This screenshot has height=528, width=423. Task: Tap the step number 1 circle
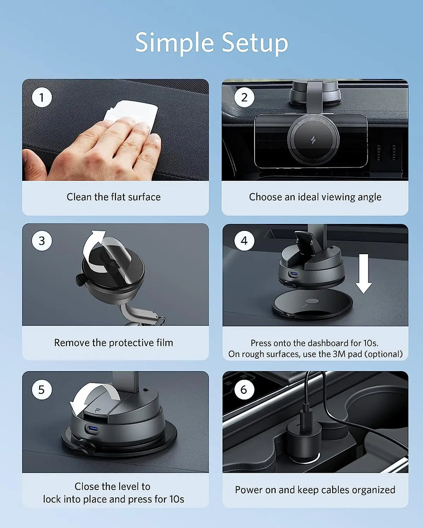coord(42,97)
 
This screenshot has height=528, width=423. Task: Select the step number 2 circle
coord(244,97)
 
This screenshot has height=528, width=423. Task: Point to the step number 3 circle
coord(42,241)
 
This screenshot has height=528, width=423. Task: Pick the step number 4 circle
coord(244,241)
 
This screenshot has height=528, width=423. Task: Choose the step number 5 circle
coord(42,390)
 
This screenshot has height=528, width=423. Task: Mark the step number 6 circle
coord(244,390)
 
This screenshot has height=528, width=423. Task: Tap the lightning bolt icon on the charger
coord(313,140)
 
